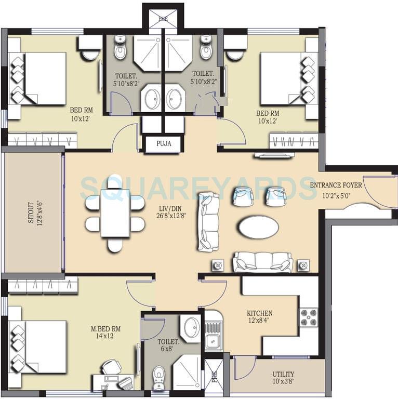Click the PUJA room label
click(x=163, y=144)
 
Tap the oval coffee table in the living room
click(x=258, y=227)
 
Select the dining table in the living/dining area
click(x=115, y=214)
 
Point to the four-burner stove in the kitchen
click(x=308, y=317)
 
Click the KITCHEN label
click(x=259, y=313)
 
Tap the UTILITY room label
click(x=283, y=374)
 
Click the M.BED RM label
click(x=105, y=328)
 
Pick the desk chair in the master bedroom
click(x=111, y=367)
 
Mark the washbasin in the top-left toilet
click(x=152, y=99)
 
